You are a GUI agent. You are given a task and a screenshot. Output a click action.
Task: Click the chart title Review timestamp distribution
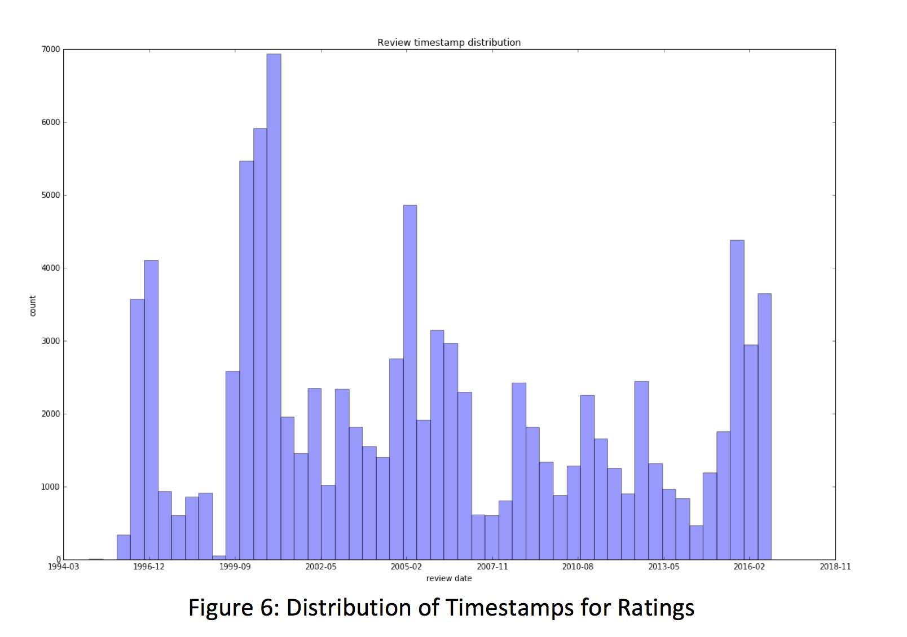449,42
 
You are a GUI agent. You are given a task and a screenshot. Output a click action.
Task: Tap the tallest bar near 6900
274,304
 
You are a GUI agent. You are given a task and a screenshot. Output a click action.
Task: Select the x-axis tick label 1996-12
149,567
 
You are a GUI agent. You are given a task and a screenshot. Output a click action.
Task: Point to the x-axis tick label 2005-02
406,567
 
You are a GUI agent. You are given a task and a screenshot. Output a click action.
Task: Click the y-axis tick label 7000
51,50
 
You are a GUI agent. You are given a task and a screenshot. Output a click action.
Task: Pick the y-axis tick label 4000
51,268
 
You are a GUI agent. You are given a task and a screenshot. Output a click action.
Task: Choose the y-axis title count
33,306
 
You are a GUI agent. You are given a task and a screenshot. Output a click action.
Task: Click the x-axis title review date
449,578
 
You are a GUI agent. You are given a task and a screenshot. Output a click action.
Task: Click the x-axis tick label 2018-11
835,567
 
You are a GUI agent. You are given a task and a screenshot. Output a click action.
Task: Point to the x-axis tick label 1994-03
63,567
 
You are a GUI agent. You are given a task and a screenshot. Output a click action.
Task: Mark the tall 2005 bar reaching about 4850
410,383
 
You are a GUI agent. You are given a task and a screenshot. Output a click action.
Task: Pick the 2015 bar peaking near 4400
737,400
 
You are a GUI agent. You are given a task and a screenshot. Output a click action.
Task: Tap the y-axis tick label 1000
51,487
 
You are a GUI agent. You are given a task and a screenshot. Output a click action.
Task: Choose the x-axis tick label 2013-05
663,567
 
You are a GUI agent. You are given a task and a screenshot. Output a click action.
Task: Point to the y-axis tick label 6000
51,122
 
